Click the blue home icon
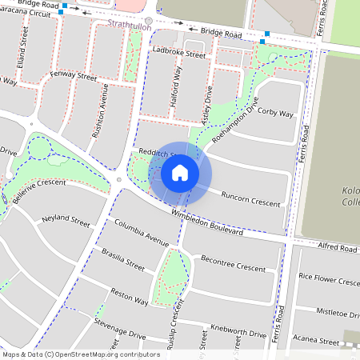pos(180,172)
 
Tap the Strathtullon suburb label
pos(129,25)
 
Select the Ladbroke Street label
pos(178,56)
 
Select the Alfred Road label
pos(337,249)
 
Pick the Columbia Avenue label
pos(141,231)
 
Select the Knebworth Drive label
pos(238,331)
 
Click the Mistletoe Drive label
pos(338,312)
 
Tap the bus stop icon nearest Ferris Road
pos(263,41)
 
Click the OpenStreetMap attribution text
pos(81,354)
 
